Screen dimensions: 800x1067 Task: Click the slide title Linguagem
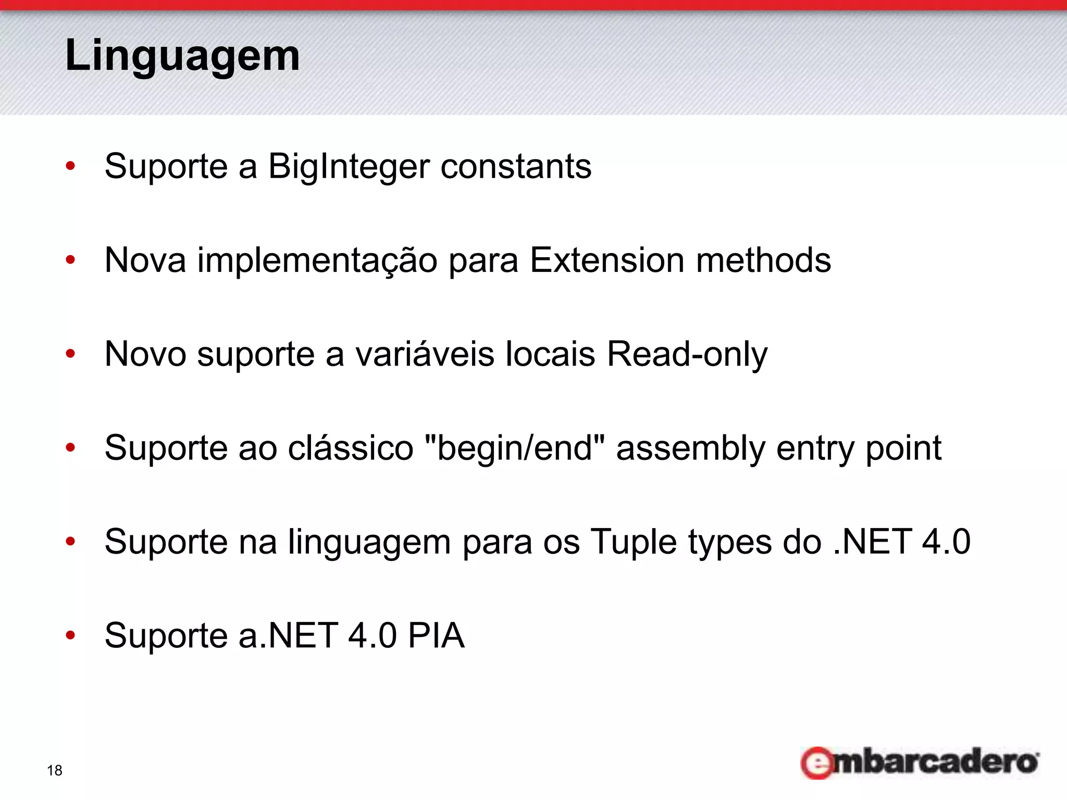182,55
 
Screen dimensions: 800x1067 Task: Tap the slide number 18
54,770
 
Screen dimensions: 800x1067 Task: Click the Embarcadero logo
920,762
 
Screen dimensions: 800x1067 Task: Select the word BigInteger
349,167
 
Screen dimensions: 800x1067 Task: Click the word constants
516,167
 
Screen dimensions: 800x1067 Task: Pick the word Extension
607,260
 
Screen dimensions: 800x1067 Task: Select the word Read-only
687,354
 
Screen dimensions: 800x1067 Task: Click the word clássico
350,448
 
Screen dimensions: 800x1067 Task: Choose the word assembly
690,448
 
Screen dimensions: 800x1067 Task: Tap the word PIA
436,635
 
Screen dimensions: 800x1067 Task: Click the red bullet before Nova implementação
70,260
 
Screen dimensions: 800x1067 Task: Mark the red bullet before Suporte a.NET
70,635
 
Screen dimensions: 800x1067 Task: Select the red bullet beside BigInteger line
70,167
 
